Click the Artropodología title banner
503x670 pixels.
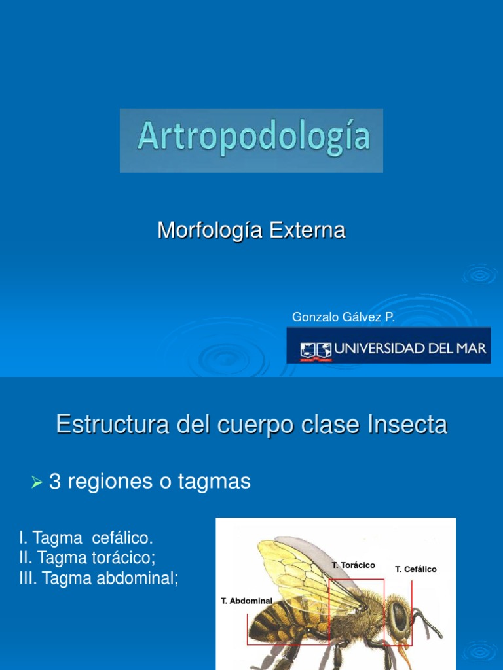click(x=251, y=140)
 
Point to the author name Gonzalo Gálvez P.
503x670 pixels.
click(x=343, y=317)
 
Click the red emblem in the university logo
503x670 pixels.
click(x=316, y=350)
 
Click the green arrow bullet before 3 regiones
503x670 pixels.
click(x=37, y=483)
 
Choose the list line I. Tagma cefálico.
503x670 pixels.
click(x=86, y=538)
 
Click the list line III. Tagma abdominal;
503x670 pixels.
click(x=99, y=578)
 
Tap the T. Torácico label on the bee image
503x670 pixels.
click(x=353, y=565)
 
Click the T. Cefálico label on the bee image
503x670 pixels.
click(x=416, y=569)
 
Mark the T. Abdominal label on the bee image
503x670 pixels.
click(x=247, y=601)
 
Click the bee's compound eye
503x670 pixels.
click(x=398, y=615)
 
